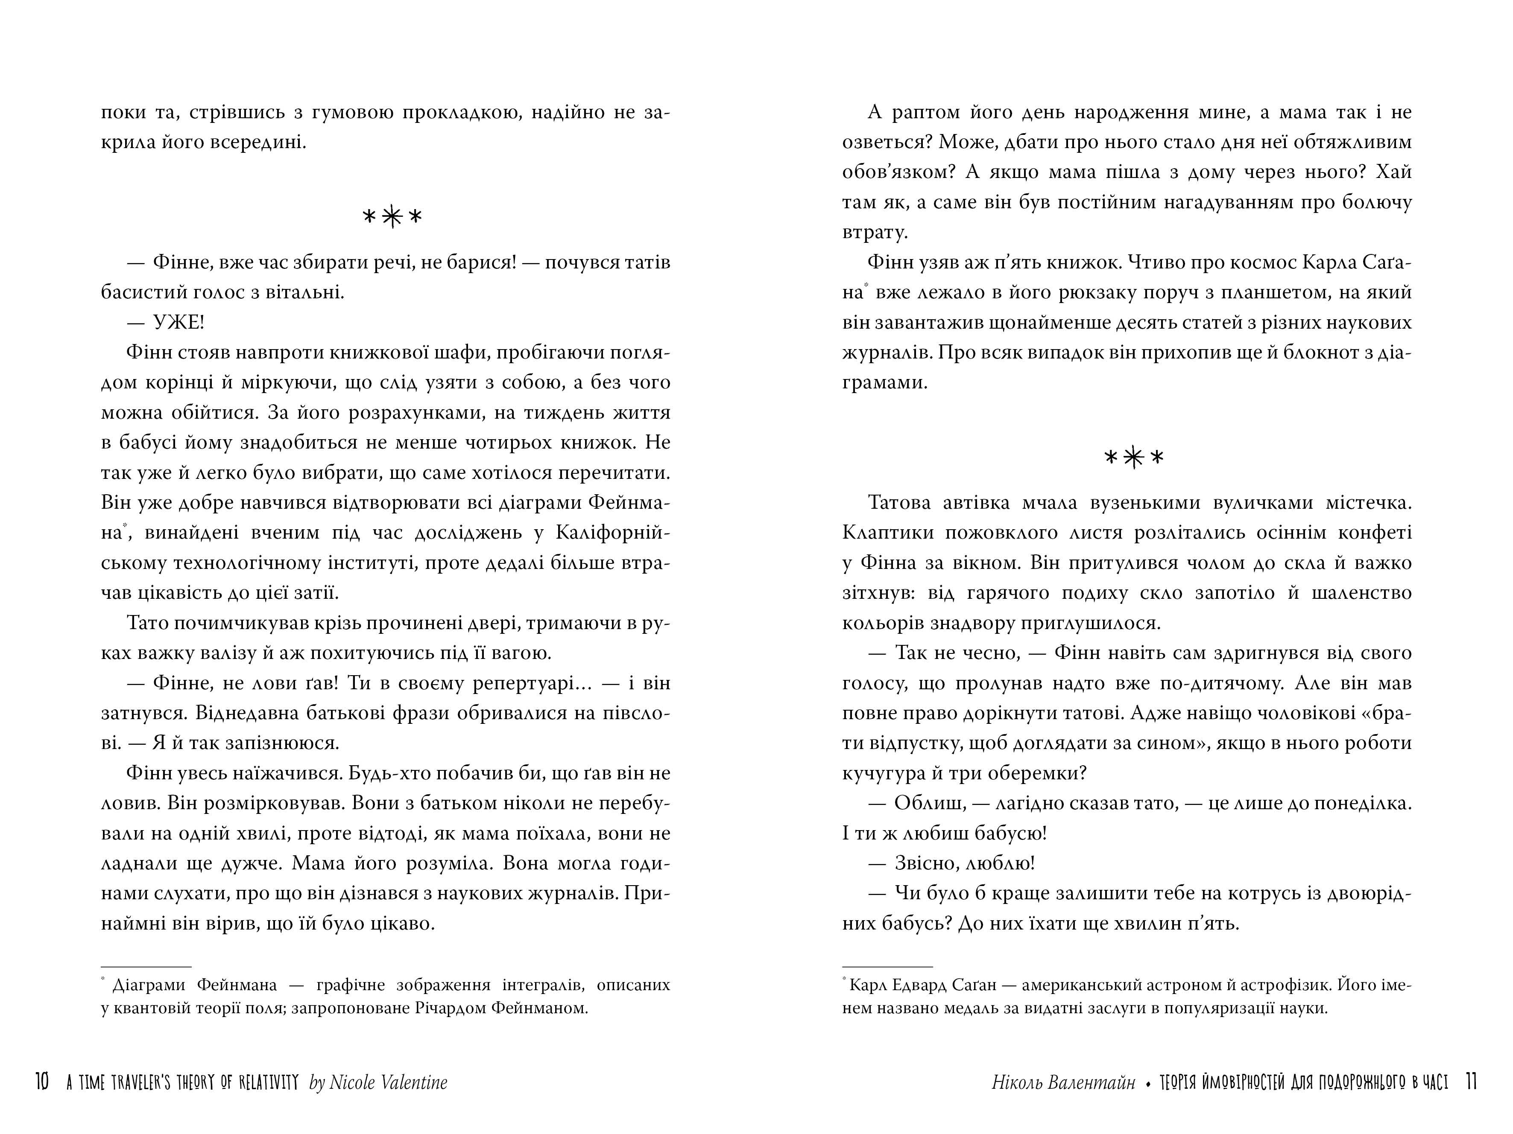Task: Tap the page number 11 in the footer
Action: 1471,1082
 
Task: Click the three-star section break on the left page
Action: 392,217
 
